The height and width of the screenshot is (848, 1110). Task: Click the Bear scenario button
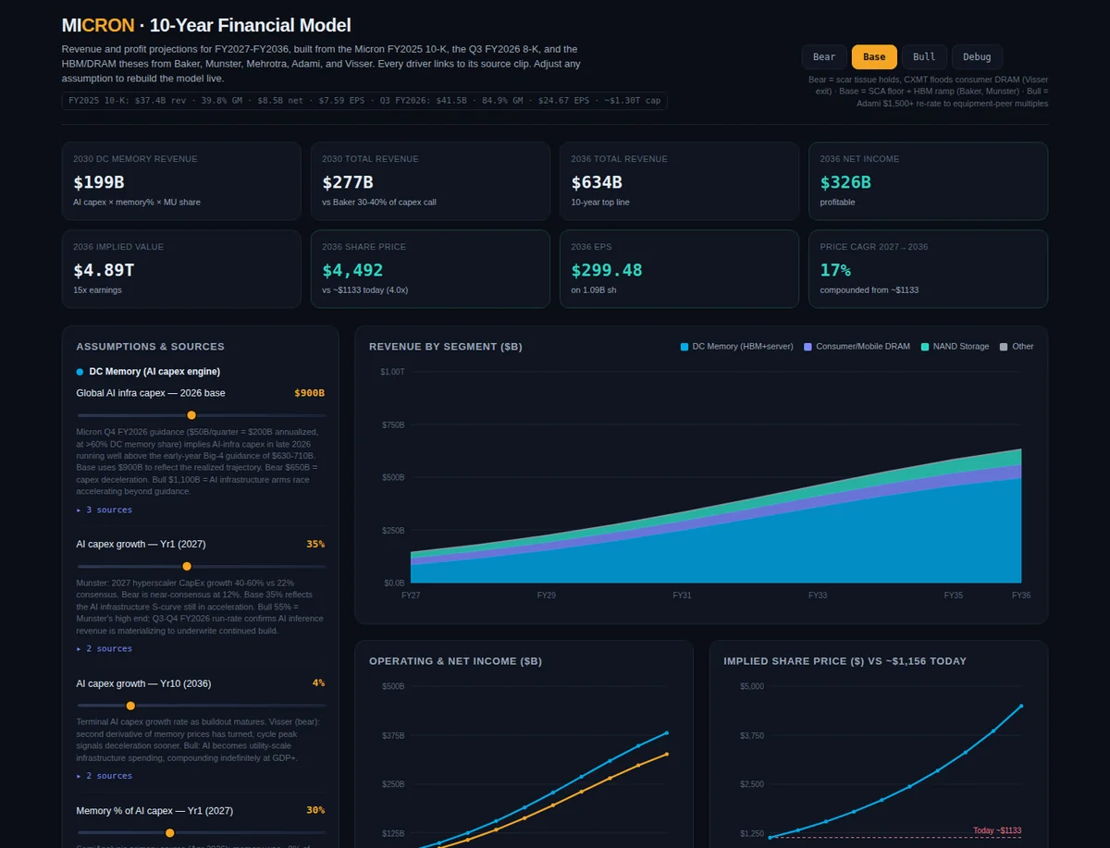(824, 57)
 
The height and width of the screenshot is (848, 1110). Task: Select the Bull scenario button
(924, 57)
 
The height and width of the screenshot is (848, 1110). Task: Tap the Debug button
(977, 57)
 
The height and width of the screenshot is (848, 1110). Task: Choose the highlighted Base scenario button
(874, 57)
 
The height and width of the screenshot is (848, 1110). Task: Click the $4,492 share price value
(352, 270)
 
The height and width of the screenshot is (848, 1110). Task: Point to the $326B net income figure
(845, 182)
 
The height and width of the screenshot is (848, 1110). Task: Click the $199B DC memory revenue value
(99, 182)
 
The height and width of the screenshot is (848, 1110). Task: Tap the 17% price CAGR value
(835, 270)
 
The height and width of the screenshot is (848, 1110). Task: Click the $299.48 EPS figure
(606, 270)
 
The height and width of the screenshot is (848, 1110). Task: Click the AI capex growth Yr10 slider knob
(130, 706)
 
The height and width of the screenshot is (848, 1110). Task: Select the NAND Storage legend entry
(956, 347)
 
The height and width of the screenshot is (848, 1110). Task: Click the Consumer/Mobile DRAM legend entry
(857, 347)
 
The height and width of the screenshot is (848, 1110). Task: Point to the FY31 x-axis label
(682, 596)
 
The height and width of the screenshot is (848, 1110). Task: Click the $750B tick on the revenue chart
(393, 425)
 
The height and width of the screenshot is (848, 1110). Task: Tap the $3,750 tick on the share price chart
(752, 735)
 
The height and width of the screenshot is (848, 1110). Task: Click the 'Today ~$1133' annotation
(997, 830)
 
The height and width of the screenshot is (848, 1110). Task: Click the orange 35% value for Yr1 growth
(315, 545)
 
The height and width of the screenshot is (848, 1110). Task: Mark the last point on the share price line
(1021, 706)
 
